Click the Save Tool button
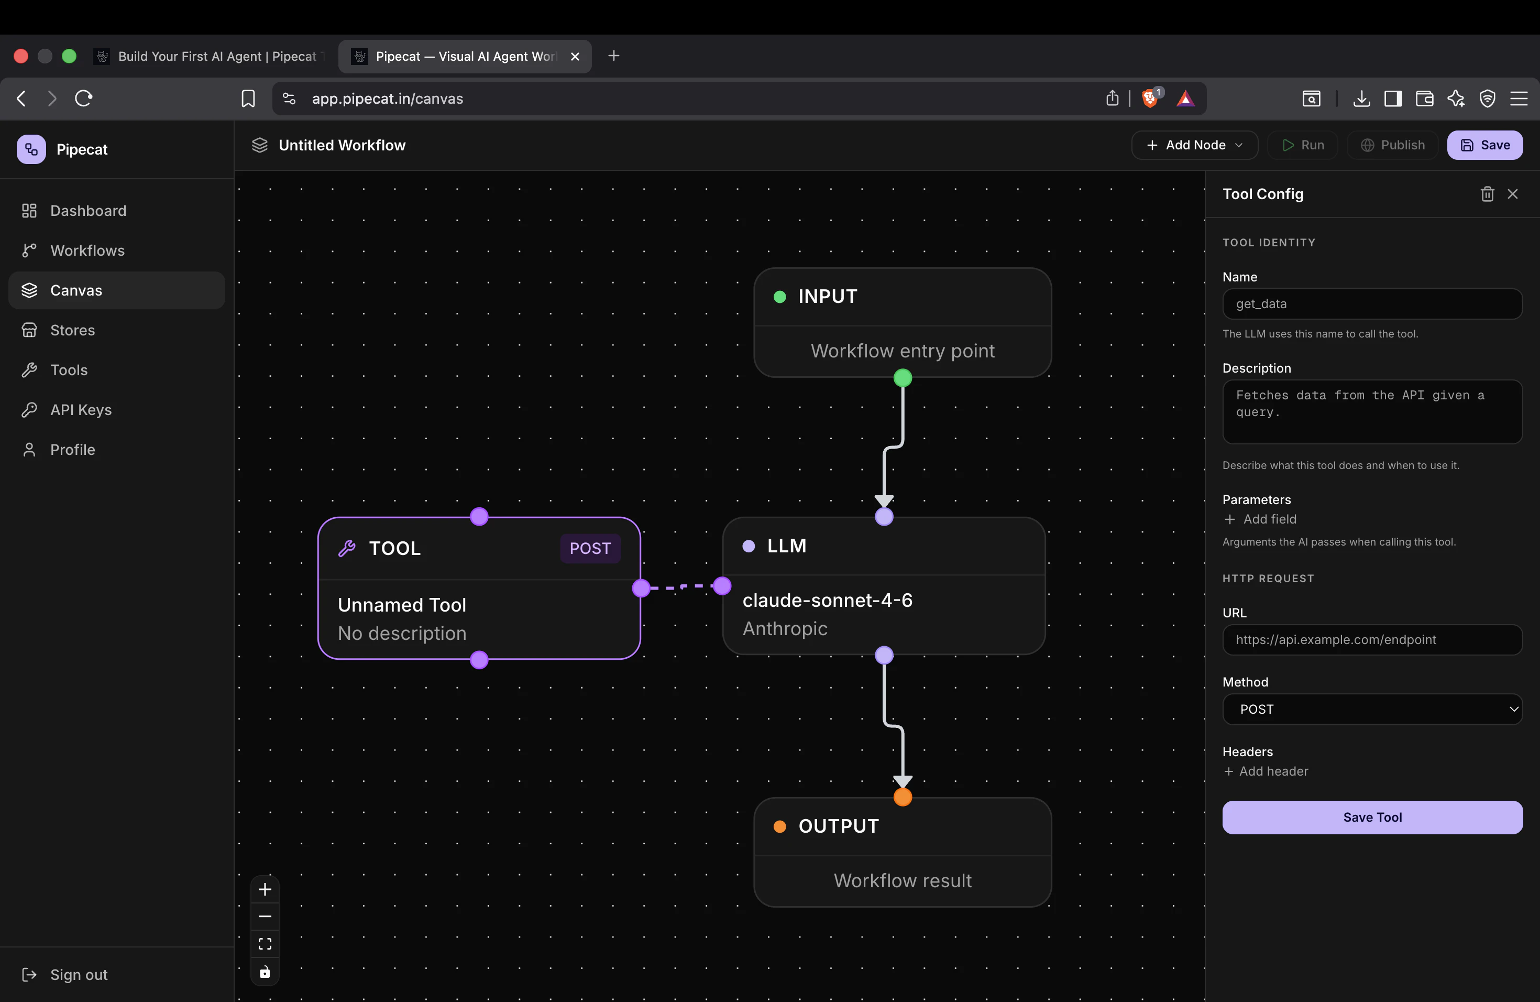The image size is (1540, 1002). [x=1372, y=817]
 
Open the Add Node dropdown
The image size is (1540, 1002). [x=1194, y=145]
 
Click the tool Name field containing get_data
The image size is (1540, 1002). [x=1372, y=303]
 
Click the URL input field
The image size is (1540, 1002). [x=1372, y=639]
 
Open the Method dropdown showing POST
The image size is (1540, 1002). [x=1372, y=710]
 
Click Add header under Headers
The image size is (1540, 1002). [x=1266, y=771]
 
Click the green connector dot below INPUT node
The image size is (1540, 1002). [x=903, y=377]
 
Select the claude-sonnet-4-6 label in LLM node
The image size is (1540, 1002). [x=828, y=600]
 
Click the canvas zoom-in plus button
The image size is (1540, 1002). [x=265, y=889]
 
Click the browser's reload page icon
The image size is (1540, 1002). [x=83, y=99]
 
